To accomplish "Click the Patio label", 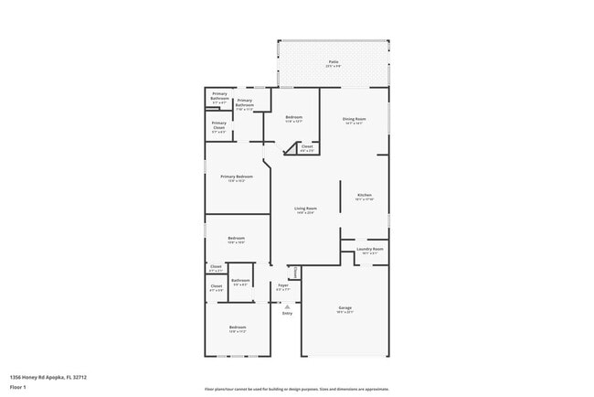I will coord(333,61).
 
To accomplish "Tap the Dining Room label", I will coord(354,118).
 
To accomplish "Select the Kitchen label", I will coord(365,195).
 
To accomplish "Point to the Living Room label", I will coord(304,209).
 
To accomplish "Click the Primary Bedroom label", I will coord(237,176).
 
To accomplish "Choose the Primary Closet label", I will coord(219,123).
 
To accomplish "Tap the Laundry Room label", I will coord(369,249).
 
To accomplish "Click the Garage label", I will coord(345,307).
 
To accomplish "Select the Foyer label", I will coord(283,285).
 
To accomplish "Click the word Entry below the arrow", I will coord(287,314).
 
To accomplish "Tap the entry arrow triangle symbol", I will coord(287,306).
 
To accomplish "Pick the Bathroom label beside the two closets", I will coord(241,280).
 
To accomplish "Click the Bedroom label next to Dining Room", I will coord(293,118).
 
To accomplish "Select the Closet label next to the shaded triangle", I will coord(307,146).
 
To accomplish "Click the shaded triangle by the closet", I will coord(300,146).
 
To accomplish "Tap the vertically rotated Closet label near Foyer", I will coord(295,271).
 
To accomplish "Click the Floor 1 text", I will coord(18,387).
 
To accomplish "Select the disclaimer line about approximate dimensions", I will coord(297,389).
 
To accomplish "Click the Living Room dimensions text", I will coord(304,213).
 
